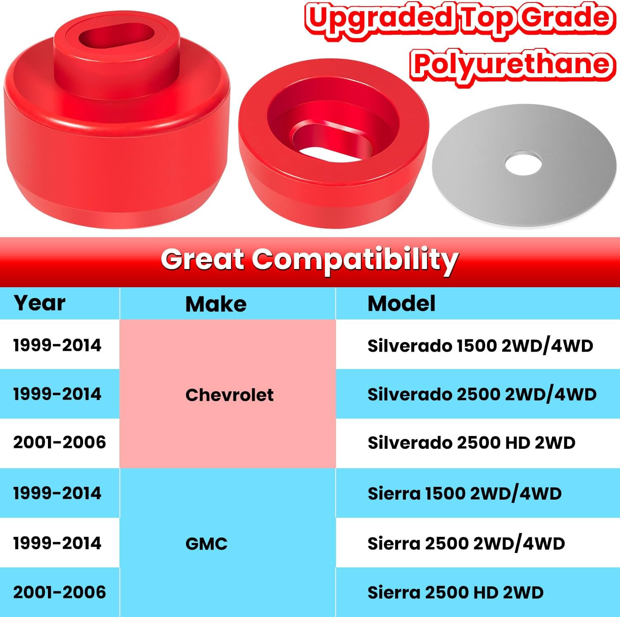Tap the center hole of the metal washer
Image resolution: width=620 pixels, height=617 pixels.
pyautogui.click(x=523, y=164)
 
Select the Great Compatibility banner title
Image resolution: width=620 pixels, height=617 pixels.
pyautogui.click(x=310, y=260)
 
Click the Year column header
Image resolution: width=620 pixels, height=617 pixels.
pyautogui.click(x=39, y=303)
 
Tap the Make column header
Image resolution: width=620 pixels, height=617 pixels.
pyautogui.click(x=216, y=304)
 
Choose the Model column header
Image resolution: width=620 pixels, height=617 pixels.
pyautogui.click(x=401, y=304)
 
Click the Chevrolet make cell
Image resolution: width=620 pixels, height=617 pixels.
pyautogui.click(x=229, y=395)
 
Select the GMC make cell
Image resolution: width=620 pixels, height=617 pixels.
pyautogui.click(x=207, y=544)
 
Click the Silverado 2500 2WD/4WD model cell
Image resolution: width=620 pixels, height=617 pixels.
pyautogui.click(x=482, y=395)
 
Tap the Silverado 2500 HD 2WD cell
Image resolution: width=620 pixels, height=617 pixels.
pyautogui.click(x=471, y=443)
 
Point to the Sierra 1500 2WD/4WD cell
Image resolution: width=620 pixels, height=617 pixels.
pyautogui.click(x=465, y=493)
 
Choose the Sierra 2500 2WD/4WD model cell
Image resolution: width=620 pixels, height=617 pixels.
pyautogui.click(x=466, y=543)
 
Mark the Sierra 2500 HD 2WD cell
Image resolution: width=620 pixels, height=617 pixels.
pyautogui.click(x=455, y=593)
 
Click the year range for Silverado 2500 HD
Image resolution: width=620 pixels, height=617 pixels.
pyautogui.click(x=60, y=443)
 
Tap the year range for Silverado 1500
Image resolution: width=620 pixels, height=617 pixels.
pyautogui.click(x=57, y=345)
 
